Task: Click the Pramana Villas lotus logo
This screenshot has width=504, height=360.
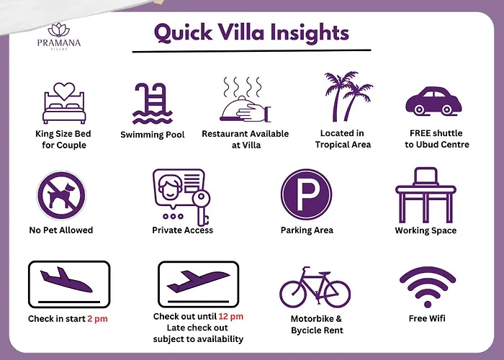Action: pyautogui.click(x=59, y=30)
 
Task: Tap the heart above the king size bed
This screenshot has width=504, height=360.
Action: pyautogui.click(x=64, y=91)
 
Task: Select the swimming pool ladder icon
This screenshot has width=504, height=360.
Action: pyautogui.click(x=153, y=104)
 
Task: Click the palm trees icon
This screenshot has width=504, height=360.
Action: pyautogui.click(x=348, y=96)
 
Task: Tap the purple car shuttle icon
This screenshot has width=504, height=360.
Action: pyautogui.click(x=433, y=101)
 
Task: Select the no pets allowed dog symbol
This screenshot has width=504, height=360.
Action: pyautogui.click(x=61, y=195)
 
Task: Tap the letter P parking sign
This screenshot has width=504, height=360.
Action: pyautogui.click(x=306, y=194)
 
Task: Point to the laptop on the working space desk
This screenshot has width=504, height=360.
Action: pyautogui.click(x=426, y=176)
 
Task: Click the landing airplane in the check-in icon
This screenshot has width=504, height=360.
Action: pyautogui.click(x=66, y=280)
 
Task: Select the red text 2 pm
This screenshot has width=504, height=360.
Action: pyautogui.click(x=97, y=319)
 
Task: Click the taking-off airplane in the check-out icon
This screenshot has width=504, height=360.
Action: pyautogui.click(x=198, y=281)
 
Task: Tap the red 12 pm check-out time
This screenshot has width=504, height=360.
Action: pyautogui.click(x=231, y=317)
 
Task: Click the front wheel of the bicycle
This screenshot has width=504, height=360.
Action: pyautogui.click(x=337, y=294)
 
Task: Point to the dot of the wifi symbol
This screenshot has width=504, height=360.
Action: pyautogui.click(x=428, y=304)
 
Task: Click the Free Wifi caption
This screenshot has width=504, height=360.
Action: pyautogui.click(x=427, y=318)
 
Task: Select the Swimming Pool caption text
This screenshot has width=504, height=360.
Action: pyautogui.click(x=153, y=135)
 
